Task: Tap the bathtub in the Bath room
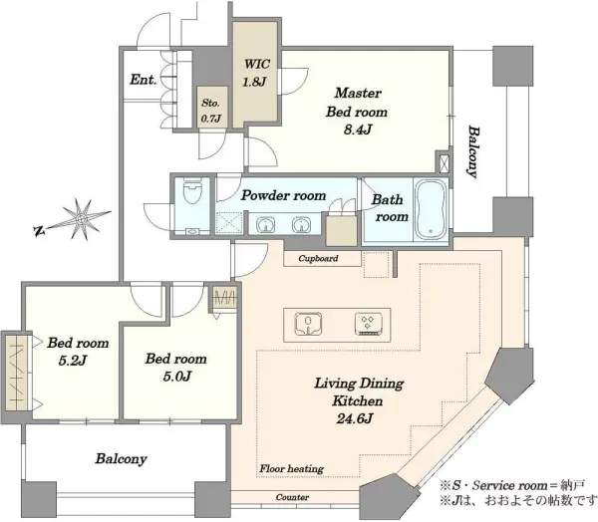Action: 432,209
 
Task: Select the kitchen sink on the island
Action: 309,324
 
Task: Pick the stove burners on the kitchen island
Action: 368,324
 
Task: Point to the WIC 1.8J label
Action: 255,73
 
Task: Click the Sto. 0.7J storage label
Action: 211,111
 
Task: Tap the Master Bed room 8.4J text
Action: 357,112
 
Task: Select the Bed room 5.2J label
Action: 78,352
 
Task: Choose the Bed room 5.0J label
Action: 175,368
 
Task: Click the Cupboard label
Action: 318,259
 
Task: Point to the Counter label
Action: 292,497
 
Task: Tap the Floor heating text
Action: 292,468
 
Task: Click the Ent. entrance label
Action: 144,80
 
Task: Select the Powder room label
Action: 283,195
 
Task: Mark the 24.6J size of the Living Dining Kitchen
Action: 355,419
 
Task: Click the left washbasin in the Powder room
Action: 265,224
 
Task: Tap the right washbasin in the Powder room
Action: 301,224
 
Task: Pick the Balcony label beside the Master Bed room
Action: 472,151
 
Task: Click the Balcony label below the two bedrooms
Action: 121,458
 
